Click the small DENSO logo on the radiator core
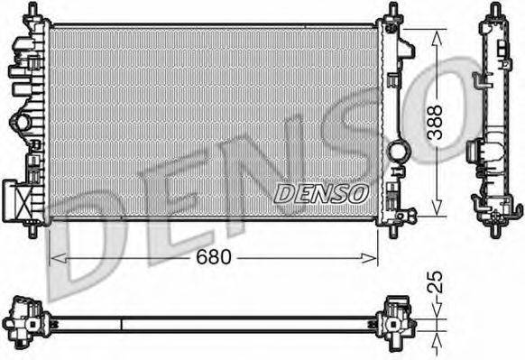[320, 192]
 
